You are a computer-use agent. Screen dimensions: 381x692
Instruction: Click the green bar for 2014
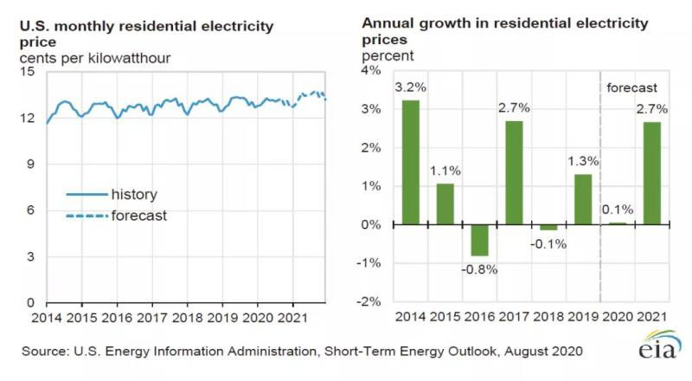point(411,162)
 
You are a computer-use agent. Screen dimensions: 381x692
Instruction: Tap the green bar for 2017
point(514,172)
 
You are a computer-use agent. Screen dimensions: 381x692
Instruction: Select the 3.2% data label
point(410,87)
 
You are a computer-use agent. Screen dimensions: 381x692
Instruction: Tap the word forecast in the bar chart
point(632,87)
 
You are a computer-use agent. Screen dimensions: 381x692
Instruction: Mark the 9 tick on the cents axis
point(30,164)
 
